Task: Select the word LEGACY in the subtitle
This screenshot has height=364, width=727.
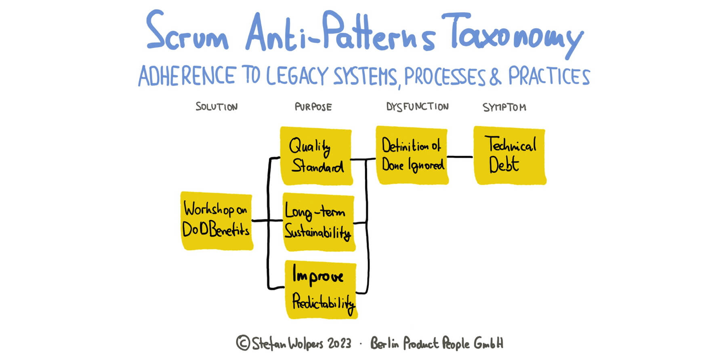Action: click(297, 76)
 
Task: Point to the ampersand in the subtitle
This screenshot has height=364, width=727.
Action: click(495, 76)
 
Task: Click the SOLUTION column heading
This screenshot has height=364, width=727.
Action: click(216, 107)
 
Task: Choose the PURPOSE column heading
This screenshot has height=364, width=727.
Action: click(313, 107)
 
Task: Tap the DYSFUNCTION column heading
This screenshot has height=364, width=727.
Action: click(417, 106)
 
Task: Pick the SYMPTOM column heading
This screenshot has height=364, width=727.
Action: click(504, 107)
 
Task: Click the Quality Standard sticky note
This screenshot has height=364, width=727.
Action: click(316, 156)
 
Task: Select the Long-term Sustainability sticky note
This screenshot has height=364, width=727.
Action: click(319, 222)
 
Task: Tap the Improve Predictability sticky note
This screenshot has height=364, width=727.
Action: click(321, 290)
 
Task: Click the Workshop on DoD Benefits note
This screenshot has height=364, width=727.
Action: click(216, 221)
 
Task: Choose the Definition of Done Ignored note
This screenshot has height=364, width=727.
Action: click(412, 155)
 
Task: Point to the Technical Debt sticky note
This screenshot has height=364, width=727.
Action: click(510, 156)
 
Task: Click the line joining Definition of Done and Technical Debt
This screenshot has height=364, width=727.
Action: click(460, 157)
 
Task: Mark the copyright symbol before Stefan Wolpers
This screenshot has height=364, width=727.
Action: click(243, 343)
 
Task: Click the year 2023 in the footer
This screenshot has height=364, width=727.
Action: click(339, 343)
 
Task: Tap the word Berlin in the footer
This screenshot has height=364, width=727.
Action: click(385, 343)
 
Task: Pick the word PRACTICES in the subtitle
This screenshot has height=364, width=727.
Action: click(549, 76)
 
